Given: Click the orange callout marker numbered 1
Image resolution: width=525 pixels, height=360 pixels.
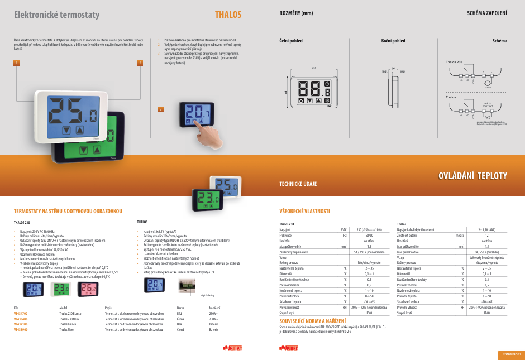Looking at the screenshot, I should (x=17, y=63).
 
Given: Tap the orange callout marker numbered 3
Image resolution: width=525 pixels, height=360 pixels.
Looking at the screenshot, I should (x=140, y=63).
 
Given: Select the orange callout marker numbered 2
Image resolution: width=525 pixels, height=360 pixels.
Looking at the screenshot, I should (x=160, y=109).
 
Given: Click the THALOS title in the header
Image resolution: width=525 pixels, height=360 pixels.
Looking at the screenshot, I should (x=228, y=15).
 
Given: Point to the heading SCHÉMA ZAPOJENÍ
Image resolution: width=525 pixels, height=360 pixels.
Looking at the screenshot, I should (x=486, y=13).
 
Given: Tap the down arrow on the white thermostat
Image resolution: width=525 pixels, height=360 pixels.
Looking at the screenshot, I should (x=67, y=130).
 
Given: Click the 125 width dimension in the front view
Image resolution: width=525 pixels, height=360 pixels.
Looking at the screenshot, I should (x=313, y=68).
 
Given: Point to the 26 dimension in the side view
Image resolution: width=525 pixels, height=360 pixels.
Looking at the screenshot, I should (x=393, y=68).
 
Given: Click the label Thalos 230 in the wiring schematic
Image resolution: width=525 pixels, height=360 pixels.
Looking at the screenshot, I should (x=454, y=61).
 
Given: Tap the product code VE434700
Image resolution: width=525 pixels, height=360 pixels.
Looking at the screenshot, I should (x=21, y=314).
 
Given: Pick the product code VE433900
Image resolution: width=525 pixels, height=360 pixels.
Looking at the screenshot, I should (x=21, y=330).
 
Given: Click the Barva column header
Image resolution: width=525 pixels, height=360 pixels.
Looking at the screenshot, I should (x=180, y=308).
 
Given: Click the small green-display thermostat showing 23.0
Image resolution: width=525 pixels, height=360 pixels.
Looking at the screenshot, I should (x=61, y=289).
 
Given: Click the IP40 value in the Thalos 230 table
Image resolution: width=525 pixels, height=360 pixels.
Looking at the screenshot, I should (x=368, y=313).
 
